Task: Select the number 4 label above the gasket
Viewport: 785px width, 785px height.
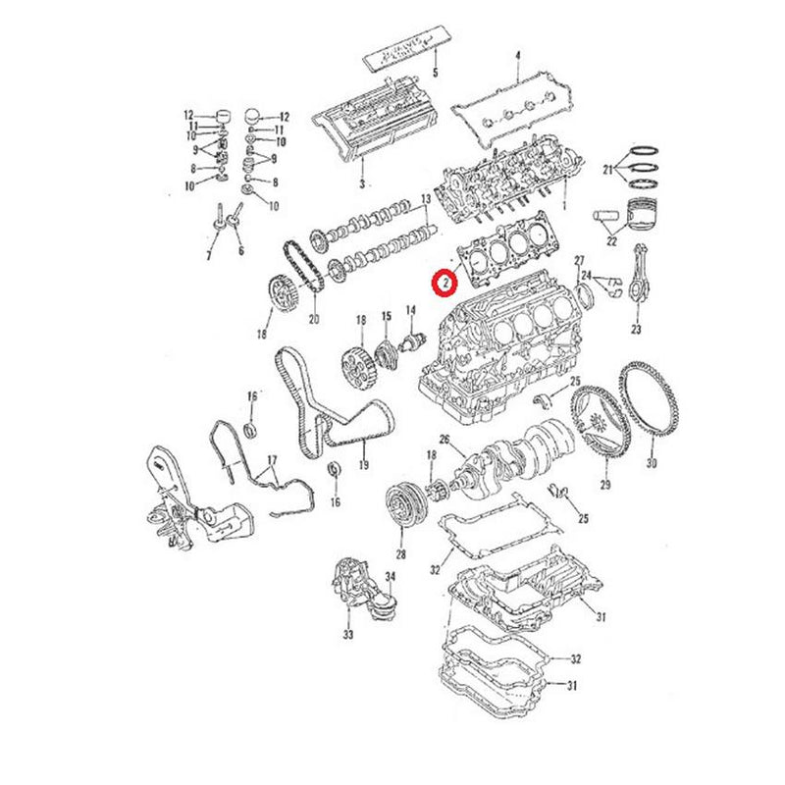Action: (518, 54)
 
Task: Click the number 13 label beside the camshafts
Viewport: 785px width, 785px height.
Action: (426, 199)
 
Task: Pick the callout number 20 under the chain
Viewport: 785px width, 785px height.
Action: (314, 318)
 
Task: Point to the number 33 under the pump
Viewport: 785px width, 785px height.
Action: (347, 635)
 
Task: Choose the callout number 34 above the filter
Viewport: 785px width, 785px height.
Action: (390, 576)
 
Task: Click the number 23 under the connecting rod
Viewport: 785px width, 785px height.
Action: (636, 330)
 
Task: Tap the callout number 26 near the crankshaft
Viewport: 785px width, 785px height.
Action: (444, 439)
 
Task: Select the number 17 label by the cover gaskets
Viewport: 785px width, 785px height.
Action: (272, 459)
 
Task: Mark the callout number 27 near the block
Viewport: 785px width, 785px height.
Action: (579, 258)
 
